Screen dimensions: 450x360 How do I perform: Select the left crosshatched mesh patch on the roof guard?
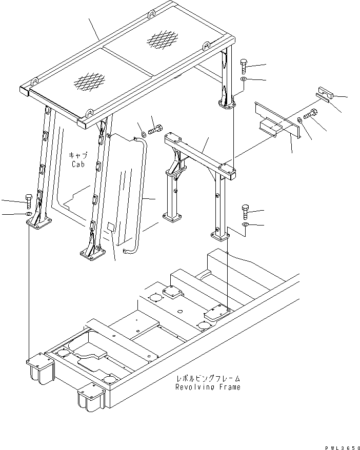pos(89,80)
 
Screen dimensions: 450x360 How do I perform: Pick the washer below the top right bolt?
pos(245,80)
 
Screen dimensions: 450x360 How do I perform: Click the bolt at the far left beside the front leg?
pos(29,199)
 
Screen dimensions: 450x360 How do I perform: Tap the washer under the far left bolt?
pos(29,213)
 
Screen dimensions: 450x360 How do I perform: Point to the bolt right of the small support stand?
pos(245,211)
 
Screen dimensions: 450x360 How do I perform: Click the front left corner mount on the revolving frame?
pos(40,366)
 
